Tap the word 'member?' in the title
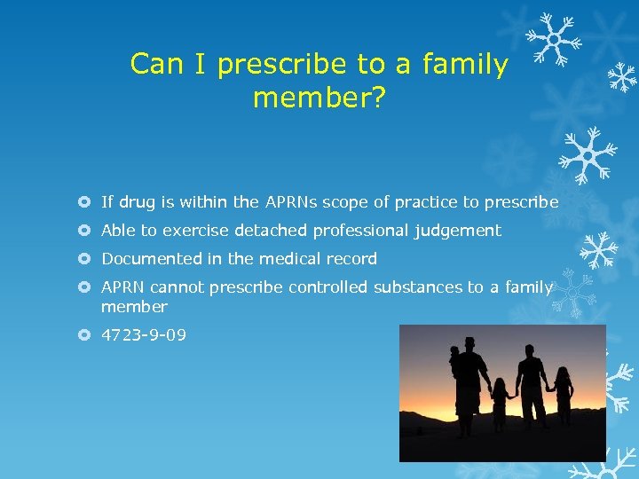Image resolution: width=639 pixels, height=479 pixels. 319,98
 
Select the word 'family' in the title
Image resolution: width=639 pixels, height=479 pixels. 465,65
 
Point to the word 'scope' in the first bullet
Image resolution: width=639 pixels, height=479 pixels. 343,202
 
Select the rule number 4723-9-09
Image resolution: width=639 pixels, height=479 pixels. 144,335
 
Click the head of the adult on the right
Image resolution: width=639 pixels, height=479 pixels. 530,341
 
